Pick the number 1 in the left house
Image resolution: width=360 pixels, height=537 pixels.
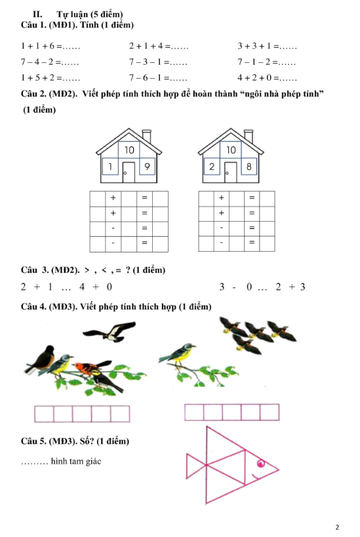pyautogui.click(x=111, y=167)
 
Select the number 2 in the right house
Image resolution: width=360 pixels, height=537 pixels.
pyautogui.click(x=212, y=167)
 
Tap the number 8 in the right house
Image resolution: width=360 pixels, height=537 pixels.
pyautogui.click(x=249, y=167)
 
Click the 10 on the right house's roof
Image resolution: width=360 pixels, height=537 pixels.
pyautogui.click(x=230, y=150)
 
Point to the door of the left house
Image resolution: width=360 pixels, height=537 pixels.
pyautogui.click(x=129, y=172)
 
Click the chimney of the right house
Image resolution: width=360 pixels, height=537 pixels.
pyautogui.click(x=249, y=136)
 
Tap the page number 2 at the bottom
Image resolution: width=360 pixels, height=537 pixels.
pyautogui.click(x=337, y=527)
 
